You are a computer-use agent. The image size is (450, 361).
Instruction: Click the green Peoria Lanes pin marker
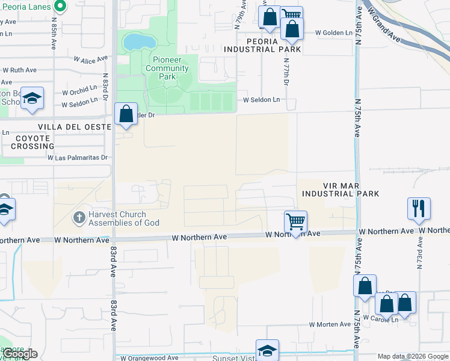point(60,7)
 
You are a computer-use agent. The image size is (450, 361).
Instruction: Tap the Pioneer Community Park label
point(168,68)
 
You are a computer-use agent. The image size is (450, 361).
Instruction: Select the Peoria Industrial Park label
point(262,45)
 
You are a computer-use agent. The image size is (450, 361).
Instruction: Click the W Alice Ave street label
point(90,59)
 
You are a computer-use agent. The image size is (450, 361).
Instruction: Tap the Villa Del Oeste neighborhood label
point(75,127)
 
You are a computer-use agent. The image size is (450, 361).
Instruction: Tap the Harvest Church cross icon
point(79,217)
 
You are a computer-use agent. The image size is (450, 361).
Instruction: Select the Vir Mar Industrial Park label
point(340,190)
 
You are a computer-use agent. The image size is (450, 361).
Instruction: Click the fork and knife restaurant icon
point(419,208)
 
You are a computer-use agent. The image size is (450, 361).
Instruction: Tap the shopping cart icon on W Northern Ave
point(295,221)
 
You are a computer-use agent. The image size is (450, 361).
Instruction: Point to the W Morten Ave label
point(330,324)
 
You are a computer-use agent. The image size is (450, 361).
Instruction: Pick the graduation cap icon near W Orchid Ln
point(32,98)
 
